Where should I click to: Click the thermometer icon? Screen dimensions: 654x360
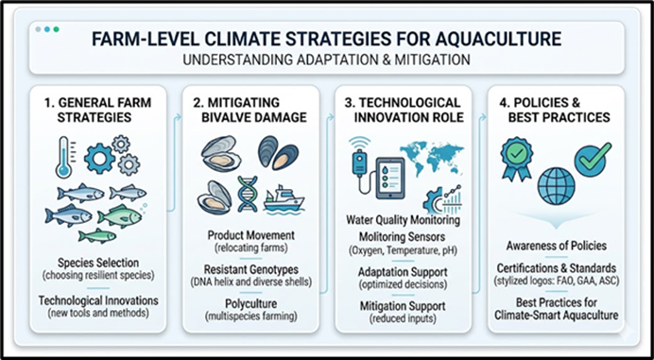click(64, 157)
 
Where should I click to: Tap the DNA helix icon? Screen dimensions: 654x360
click(248, 194)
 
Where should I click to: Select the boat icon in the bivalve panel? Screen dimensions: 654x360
click(284, 199)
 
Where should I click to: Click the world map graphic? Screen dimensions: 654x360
click(432, 157)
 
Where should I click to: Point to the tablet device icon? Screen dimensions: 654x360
click(390, 178)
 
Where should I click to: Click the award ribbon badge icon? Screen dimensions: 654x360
click(517, 158)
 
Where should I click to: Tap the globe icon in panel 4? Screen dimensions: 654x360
click(556, 186)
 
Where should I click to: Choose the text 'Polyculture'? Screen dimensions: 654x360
click(251, 303)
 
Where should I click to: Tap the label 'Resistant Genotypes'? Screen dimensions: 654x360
click(251, 269)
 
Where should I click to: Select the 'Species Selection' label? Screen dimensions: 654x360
click(98, 263)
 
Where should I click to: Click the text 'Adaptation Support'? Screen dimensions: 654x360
click(403, 272)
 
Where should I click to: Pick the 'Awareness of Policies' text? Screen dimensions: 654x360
click(557, 246)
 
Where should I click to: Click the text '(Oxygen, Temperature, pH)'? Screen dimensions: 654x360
click(403, 251)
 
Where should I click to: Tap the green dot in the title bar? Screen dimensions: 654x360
click(57, 29)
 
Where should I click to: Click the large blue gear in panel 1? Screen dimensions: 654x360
click(99, 159)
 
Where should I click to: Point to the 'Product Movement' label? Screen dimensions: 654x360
click(251, 235)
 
